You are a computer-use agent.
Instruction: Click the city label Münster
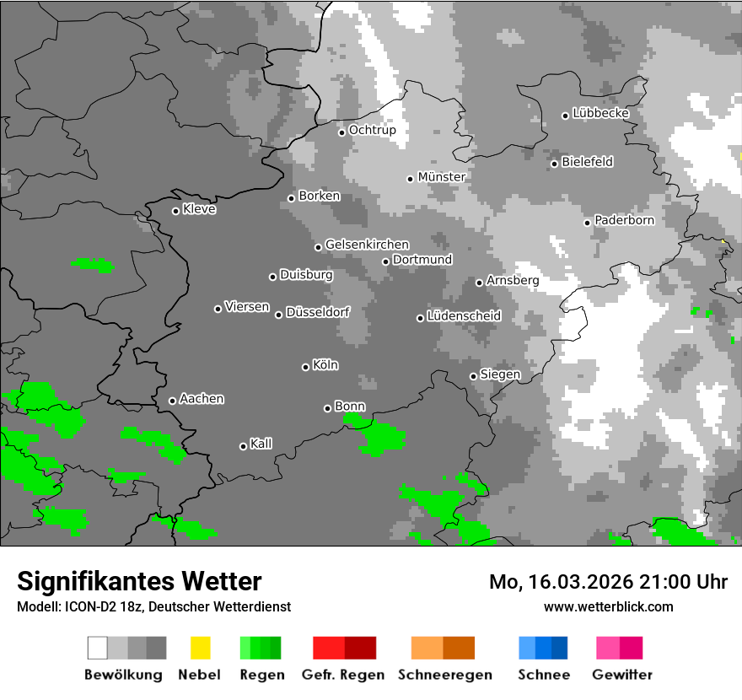(441, 177)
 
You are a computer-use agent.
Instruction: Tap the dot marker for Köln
(305, 367)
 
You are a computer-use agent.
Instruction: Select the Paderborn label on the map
(624, 220)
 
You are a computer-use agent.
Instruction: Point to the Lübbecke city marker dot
(566, 116)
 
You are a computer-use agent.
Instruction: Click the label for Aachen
(202, 399)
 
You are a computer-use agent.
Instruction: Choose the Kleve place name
(199, 209)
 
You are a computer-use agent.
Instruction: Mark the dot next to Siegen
(473, 376)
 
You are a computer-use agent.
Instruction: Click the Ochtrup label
(372, 131)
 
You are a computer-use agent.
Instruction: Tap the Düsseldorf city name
(317, 312)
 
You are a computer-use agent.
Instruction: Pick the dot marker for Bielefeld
(555, 164)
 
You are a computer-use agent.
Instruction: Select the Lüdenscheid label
(464, 316)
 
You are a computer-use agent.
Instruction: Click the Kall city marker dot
(243, 446)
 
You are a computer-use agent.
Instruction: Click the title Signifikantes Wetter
(139, 581)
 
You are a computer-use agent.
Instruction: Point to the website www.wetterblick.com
(608, 606)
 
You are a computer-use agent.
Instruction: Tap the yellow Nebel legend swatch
(200, 648)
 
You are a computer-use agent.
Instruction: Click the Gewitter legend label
(622, 675)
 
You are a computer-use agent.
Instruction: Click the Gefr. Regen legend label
(343, 675)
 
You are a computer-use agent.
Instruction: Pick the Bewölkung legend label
(123, 675)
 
